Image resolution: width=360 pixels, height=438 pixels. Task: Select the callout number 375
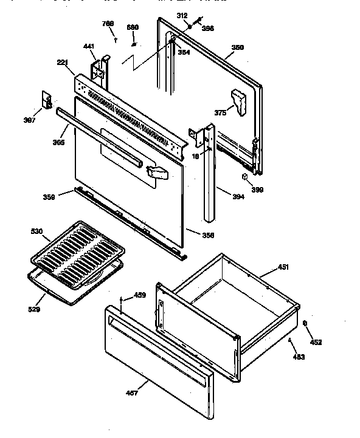(220, 113)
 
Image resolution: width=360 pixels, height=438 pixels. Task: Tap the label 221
(62, 63)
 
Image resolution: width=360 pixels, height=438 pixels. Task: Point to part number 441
(89, 46)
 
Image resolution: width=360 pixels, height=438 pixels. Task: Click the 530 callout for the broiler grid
(36, 231)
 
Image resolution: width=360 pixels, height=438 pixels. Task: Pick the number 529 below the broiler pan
(35, 310)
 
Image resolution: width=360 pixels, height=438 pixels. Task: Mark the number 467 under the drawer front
(133, 393)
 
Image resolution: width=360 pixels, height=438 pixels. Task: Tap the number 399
(258, 190)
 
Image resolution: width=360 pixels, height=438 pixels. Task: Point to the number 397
(30, 120)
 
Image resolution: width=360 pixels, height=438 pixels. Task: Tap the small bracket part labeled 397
(46, 98)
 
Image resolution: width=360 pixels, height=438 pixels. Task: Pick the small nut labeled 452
(305, 323)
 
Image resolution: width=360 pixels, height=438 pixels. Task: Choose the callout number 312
(182, 15)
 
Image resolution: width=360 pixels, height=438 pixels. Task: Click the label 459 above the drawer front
(140, 296)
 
